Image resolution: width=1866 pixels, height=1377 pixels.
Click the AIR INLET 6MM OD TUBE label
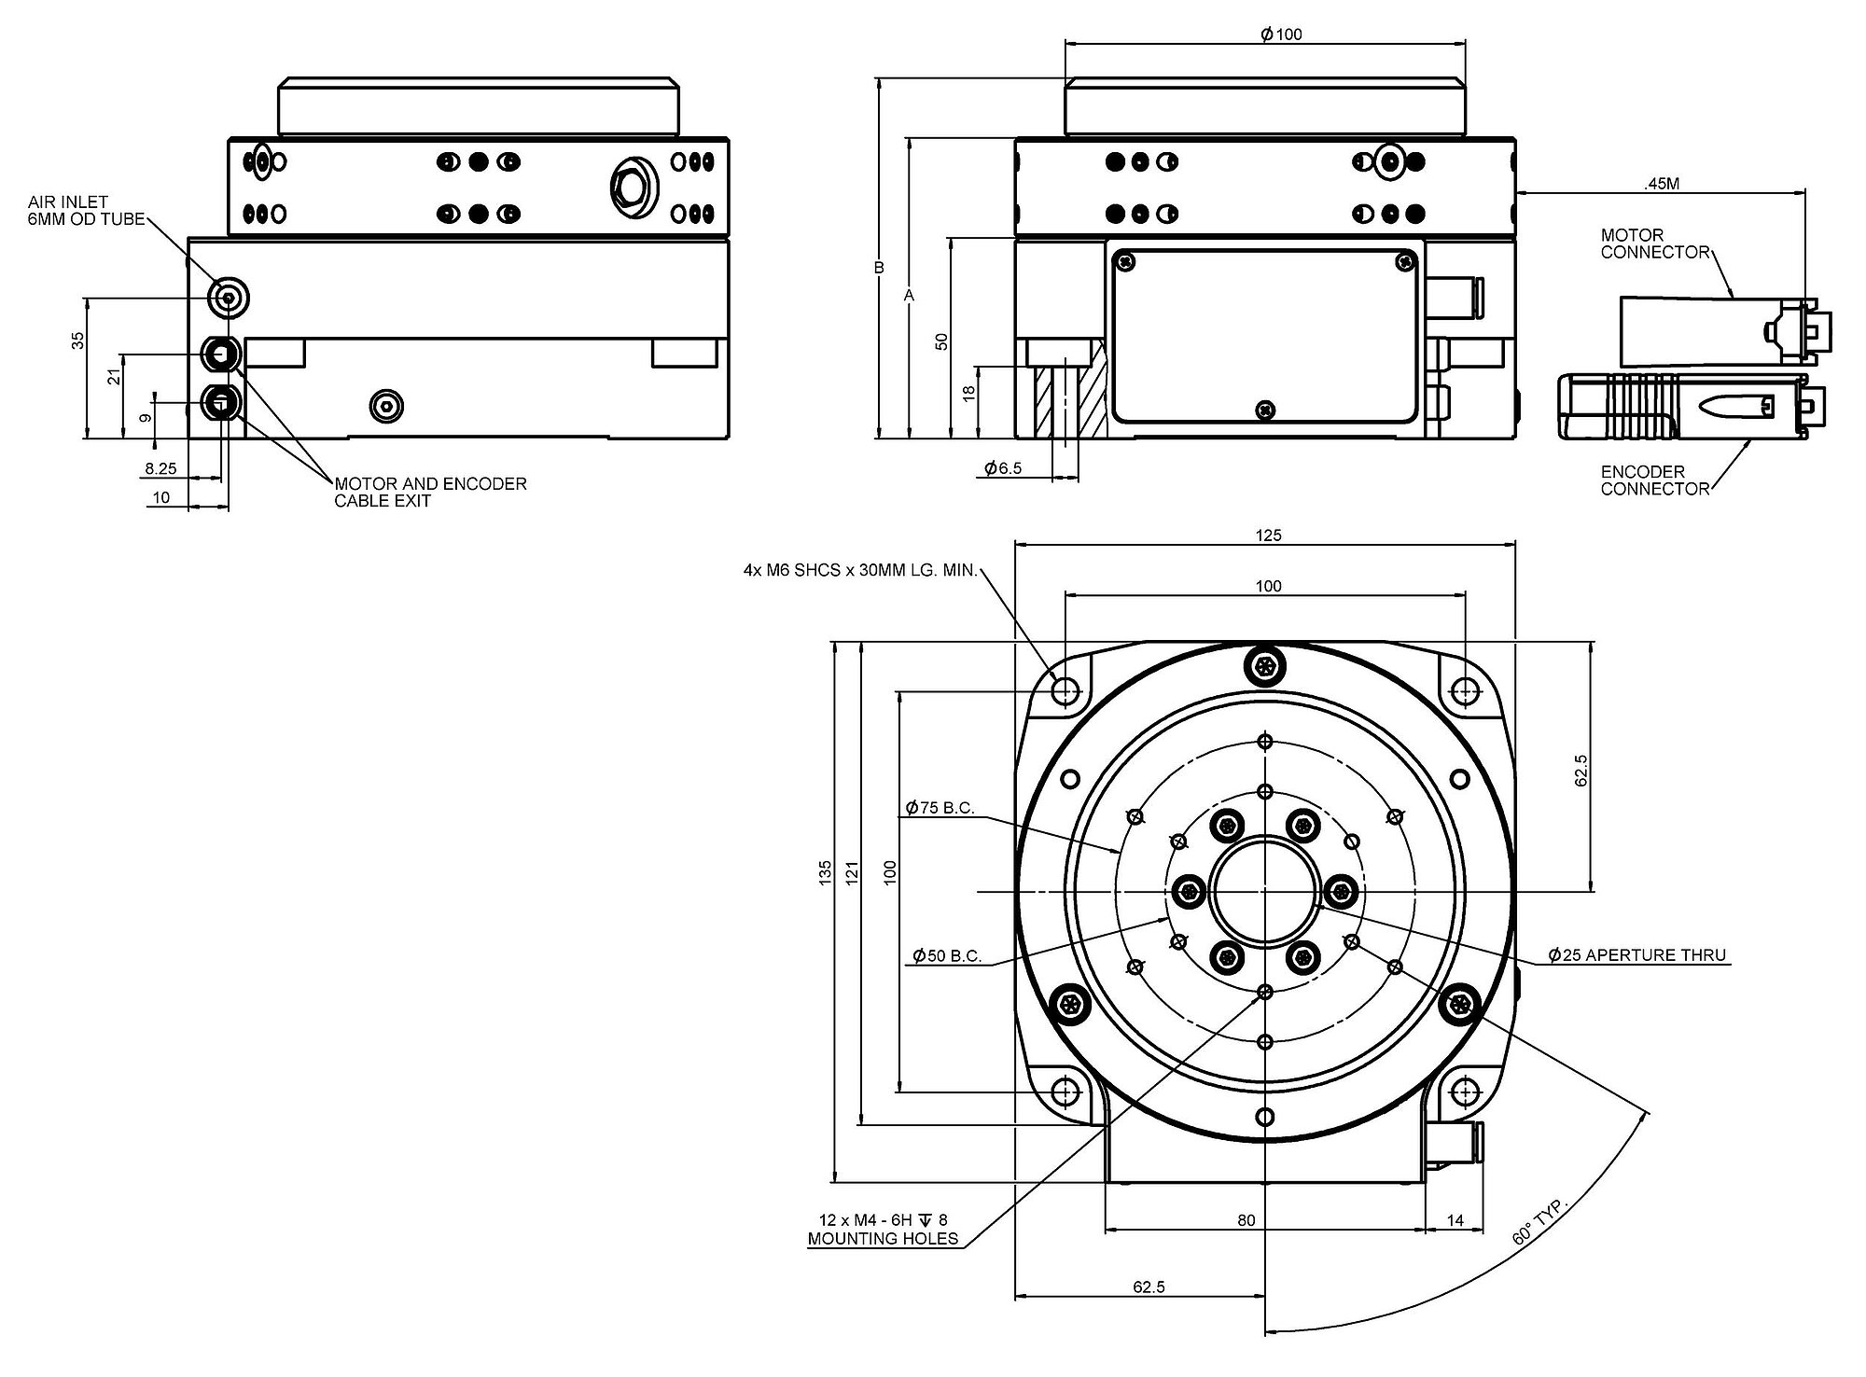(x=86, y=211)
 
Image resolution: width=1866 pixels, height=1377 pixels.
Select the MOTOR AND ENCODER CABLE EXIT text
(x=430, y=492)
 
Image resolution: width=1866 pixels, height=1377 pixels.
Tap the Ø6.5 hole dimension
(x=1004, y=468)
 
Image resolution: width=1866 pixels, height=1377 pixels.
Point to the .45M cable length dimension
(x=1661, y=185)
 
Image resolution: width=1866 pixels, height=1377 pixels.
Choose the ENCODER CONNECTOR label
(x=1655, y=480)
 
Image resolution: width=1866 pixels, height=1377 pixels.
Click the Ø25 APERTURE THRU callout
(x=1636, y=955)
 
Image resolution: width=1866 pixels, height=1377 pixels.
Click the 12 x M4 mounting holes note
(x=883, y=1231)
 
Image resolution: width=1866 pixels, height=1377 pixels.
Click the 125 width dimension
(x=1269, y=535)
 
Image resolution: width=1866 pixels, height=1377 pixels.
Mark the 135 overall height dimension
(x=826, y=873)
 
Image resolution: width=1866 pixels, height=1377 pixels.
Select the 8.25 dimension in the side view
(x=160, y=468)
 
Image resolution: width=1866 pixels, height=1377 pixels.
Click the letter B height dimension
(x=879, y=268)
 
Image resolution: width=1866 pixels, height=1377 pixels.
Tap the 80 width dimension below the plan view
(x=1246, y=1220)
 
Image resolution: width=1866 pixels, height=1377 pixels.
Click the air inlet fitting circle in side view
(x=229, y=299)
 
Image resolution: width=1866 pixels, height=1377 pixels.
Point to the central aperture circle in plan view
(x=1264, y=892)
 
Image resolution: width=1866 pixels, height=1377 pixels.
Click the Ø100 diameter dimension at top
(x=1280, y=35)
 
